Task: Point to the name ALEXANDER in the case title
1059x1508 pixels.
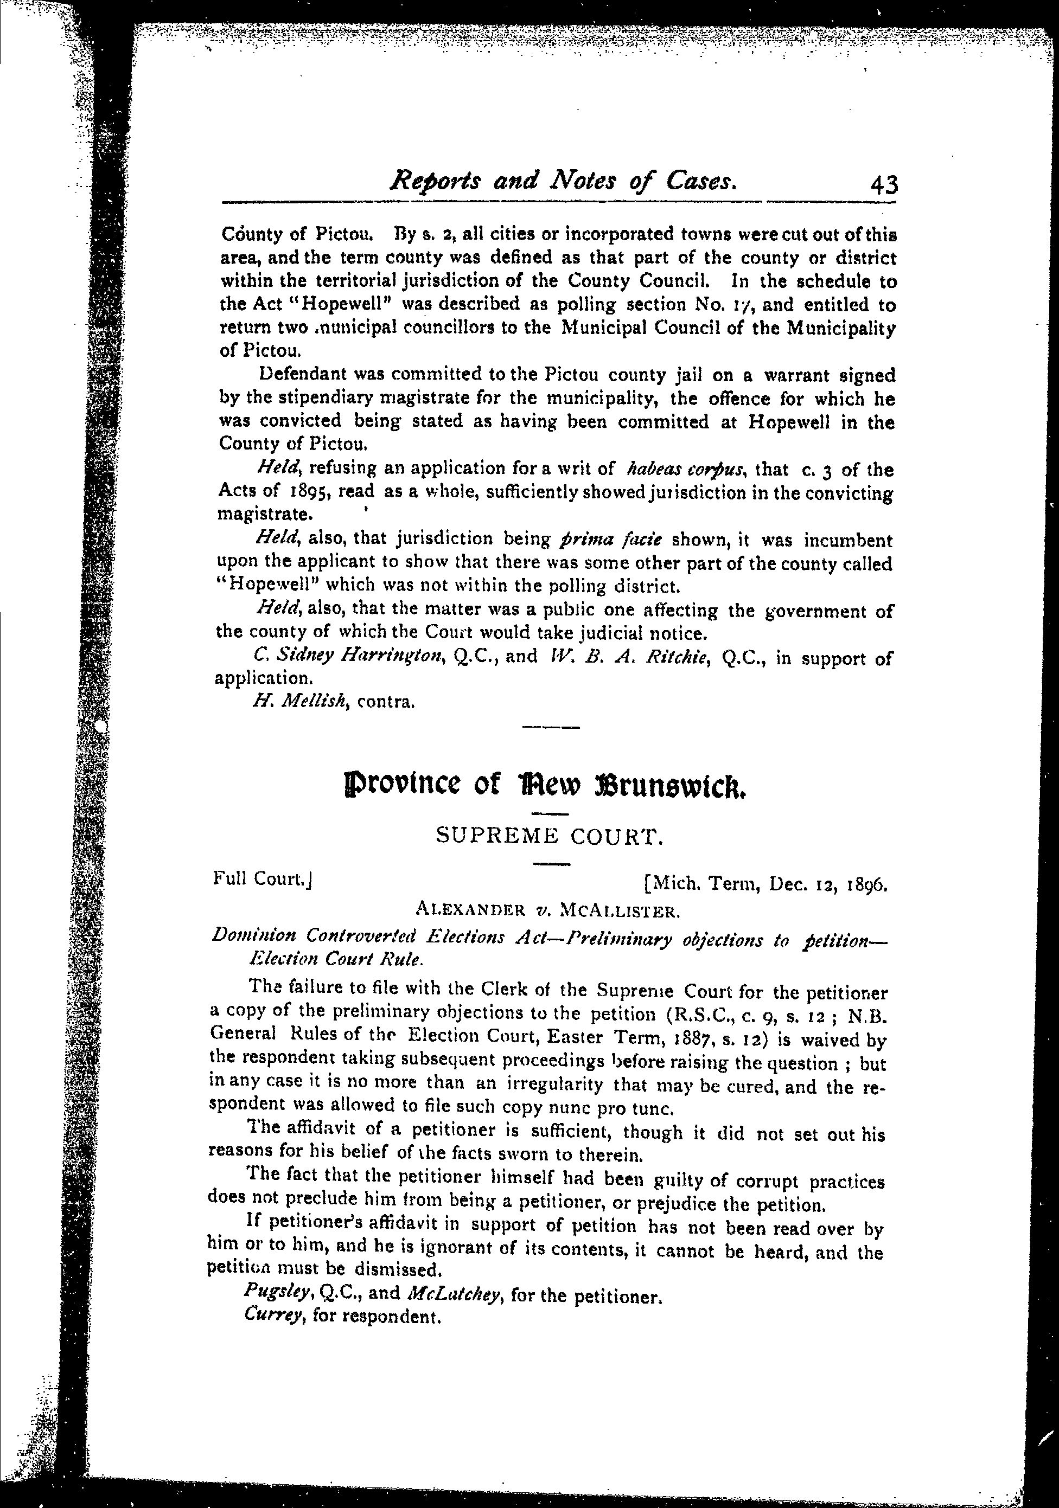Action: click(x=470, y=910)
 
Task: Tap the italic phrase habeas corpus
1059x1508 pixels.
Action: click(x=686, y=469)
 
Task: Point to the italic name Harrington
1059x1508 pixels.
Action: click(x=391, y=656)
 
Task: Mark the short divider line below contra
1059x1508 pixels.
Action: click(x=551, y=728)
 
